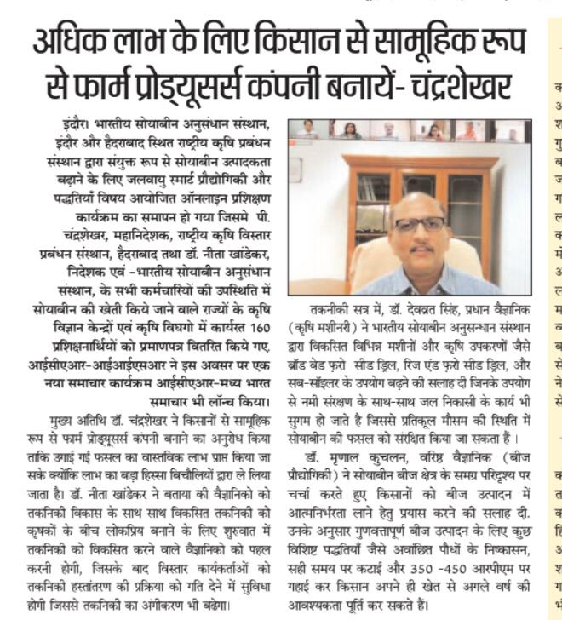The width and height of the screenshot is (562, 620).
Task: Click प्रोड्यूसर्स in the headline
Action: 214,85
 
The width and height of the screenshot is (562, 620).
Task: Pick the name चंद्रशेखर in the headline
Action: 459,85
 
